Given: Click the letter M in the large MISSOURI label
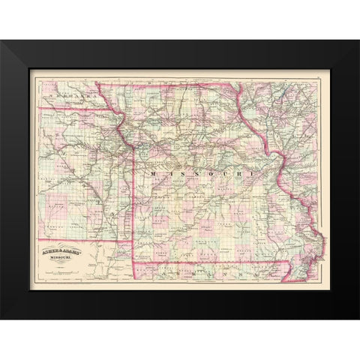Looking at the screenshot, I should pos(153,174).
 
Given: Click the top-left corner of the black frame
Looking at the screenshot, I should pos(2,42).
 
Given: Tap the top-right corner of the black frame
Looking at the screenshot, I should pos(358,42).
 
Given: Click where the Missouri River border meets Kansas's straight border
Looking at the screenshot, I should pos(133,145).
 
